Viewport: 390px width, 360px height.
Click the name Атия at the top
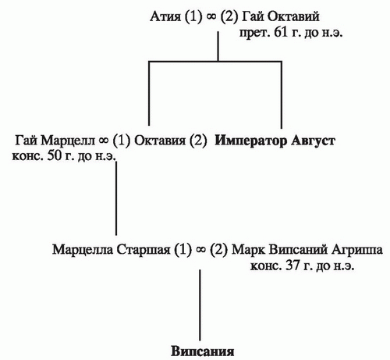pyautogui.click(x=165, y=17)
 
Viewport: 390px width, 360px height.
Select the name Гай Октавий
pyautogui.click(x=281, y=17)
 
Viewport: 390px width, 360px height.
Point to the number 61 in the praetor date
pyautogui.click(x=282, y=34)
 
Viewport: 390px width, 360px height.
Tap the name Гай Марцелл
pyautogui.click(x=55, y=141)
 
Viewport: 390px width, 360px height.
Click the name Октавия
pyautogui.click(x=160, y=141)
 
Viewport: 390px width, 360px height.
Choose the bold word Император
pyautogui.click(x=251, y=141)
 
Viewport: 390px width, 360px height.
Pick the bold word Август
pyautogui.click(x=313, y=141)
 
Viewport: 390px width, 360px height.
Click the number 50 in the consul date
pyautogui.click(x=55, y=156)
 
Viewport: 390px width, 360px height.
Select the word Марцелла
pyautogui.click(x=83, y=250)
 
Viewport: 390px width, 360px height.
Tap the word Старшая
pyautogui.click(x=144, y=250)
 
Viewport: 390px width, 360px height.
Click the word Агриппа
pyautogui.click(x=357, y=250)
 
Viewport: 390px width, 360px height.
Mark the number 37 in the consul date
pyautogui.click(x=292, y=266)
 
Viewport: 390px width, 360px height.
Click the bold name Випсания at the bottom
pyautogui.click(x=203, y=351)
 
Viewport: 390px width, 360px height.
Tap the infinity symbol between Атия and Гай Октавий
pyautogui.click(x=211, y=17)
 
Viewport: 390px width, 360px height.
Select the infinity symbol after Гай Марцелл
pyautogui.click(x=104, y=141)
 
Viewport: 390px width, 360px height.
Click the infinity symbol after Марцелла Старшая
pyautogui.click(x=200, y=250)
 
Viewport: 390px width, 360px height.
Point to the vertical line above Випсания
pyautogui.click(x=200, y=305)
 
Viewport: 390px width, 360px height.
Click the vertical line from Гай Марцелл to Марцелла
pyautogui.click(x=116, y=198)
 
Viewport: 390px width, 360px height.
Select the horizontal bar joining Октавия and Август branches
pyautogui.click(x=215, y=62)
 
